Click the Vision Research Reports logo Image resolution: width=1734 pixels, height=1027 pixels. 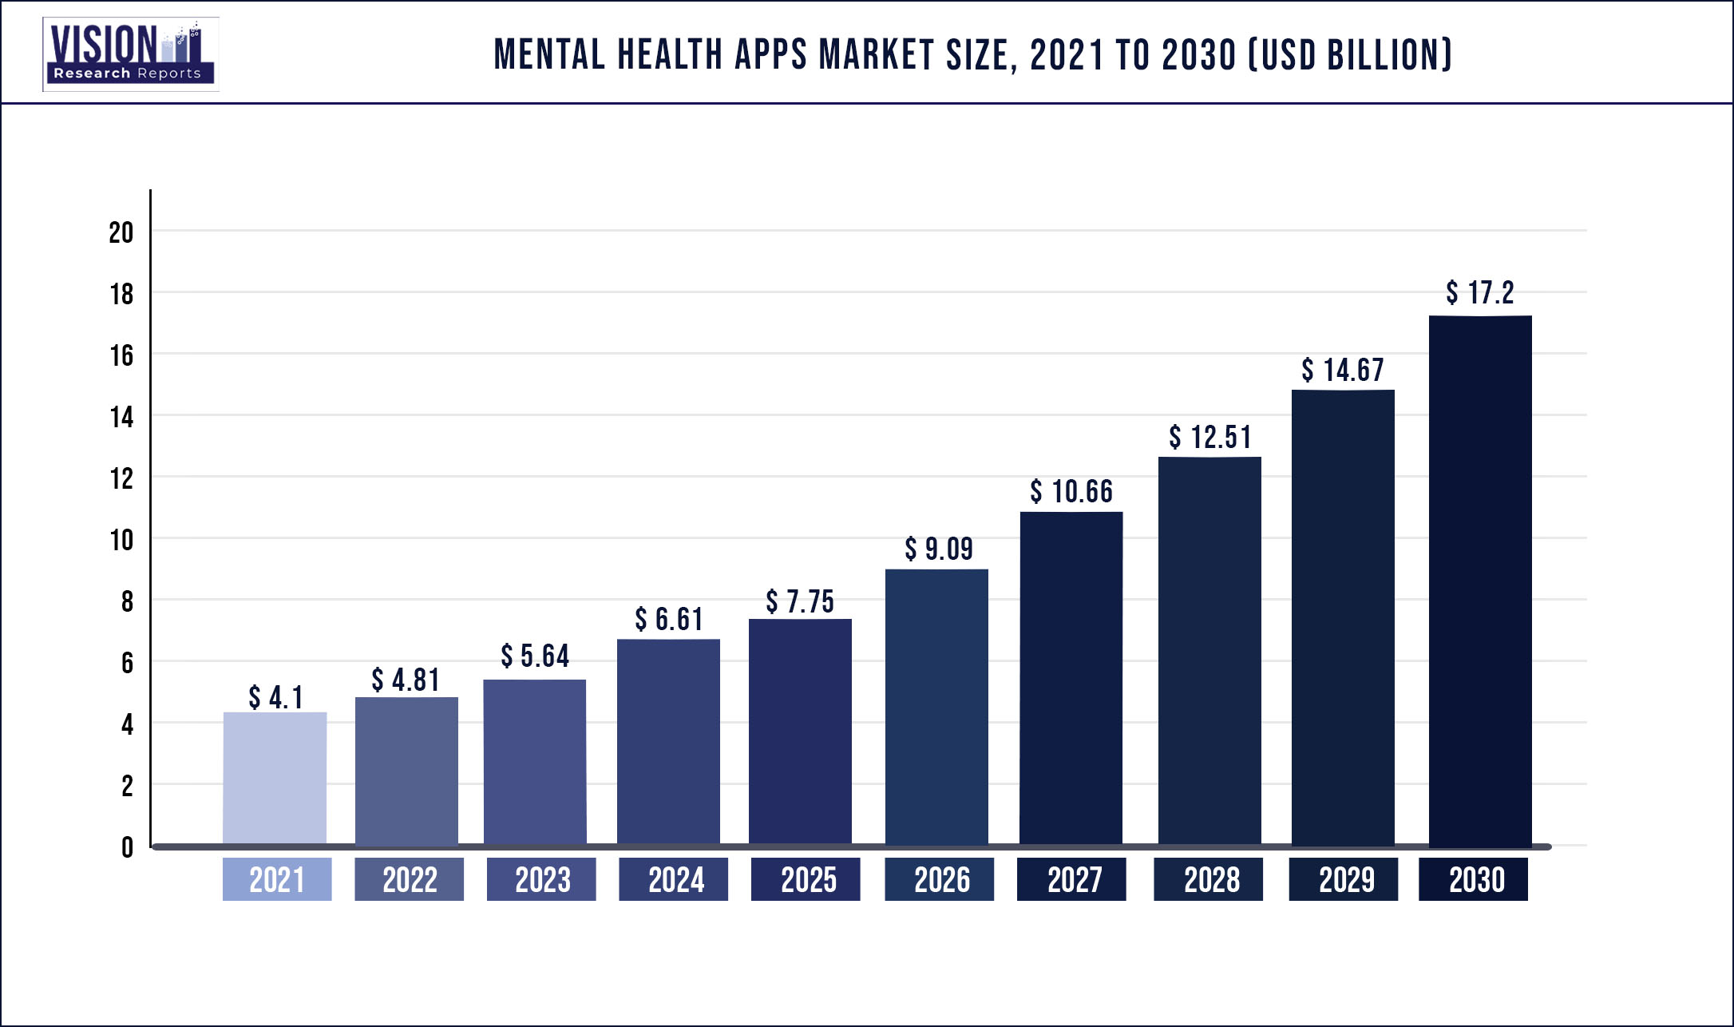[x=131, y=54]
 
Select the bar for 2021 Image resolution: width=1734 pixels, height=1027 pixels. [x=275, y=778]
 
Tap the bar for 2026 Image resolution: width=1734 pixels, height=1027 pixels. [x=936, y=707]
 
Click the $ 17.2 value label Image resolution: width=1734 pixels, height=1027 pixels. [x=1479, y=292]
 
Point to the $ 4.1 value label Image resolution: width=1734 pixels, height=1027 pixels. [x=275, y=697]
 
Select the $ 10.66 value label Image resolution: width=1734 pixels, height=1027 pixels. [x=1071, y=491]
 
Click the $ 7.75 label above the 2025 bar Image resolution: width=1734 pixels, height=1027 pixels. [x=800, y=601]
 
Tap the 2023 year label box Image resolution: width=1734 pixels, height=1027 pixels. [x=541, y=879]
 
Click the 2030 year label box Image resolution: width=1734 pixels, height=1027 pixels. [x=1474, y=879]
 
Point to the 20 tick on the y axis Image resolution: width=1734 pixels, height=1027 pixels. [x=121, y=232]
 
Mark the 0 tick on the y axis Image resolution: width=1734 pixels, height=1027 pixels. [x=127, y=847]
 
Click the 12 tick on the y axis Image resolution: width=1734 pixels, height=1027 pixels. [x=121, y=478]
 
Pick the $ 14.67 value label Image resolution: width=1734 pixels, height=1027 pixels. [x=1342, y=370]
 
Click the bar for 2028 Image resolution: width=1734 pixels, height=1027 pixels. [x=1209, y=651]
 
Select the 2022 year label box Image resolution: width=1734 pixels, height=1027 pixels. [x=409, y=879]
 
